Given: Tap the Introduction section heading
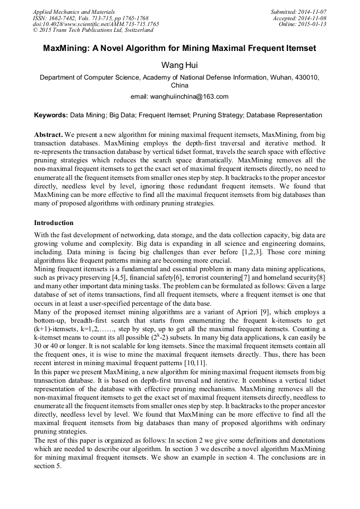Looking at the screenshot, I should (x=54, y=223).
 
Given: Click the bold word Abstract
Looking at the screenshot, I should (x=49, y=135).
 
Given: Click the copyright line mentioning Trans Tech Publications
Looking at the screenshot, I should (x=93, y=31).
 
